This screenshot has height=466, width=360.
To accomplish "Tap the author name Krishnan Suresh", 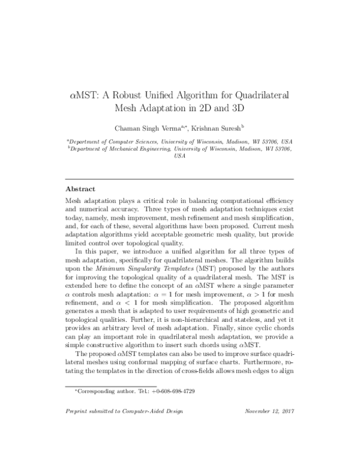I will tap(221, 129).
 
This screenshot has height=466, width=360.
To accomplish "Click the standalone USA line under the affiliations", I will tap(179, 156).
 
